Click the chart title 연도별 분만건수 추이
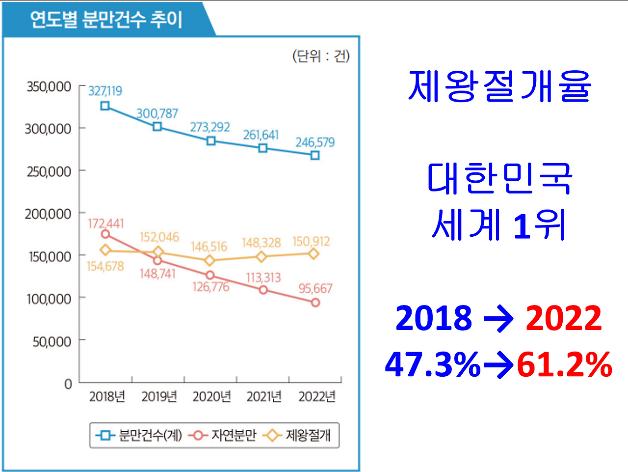click(106, 20)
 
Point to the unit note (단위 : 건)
click(321, 56)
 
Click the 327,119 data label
click(105, 91)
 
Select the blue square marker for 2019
click(157, 127)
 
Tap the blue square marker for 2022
click(315, 155)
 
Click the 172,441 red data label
click(106, 223)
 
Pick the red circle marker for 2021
click(263, 290)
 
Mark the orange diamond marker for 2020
click(210, 260)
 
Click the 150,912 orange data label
click(311, 242)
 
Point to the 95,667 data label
click(315, 288)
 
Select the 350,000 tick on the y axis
click(49, 87)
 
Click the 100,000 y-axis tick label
click(49, 299)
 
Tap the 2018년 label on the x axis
click(107, 396)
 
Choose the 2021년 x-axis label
click(264, 396)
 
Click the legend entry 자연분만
click(234, 435)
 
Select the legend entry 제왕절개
click(308, 435)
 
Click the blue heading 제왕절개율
click(499, 86)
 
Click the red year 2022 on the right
click(564, 318)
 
